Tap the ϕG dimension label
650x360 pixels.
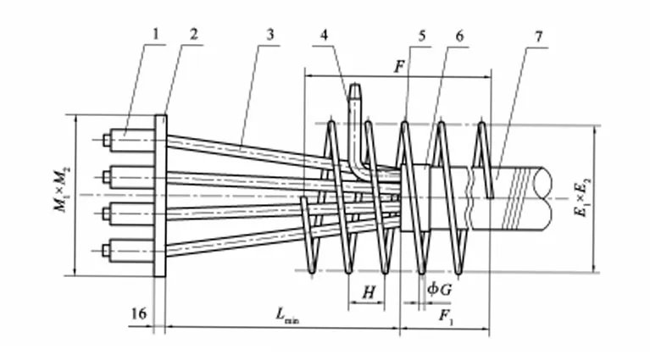click(x=439, y=289)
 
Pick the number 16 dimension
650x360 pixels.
click(x=140, y=314)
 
